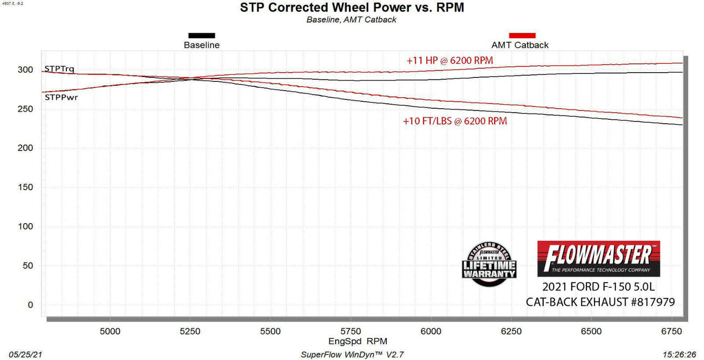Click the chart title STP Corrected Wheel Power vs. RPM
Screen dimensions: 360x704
351,8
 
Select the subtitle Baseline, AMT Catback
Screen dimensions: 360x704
351,20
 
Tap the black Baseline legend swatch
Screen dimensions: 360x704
202,36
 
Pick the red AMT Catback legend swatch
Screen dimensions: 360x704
522,36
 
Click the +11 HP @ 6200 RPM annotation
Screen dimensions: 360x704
450,61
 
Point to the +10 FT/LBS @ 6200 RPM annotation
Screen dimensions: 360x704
455,121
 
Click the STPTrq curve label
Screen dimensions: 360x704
59,69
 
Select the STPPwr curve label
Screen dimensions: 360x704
61,97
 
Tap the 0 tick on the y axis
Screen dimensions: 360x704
30,305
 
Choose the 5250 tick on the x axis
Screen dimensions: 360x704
190,331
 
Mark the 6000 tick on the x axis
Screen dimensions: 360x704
431,331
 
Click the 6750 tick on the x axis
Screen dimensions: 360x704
671,331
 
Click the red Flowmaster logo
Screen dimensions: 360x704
598,259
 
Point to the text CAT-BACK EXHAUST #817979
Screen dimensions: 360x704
600,302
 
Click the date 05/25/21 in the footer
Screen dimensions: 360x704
22,354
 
